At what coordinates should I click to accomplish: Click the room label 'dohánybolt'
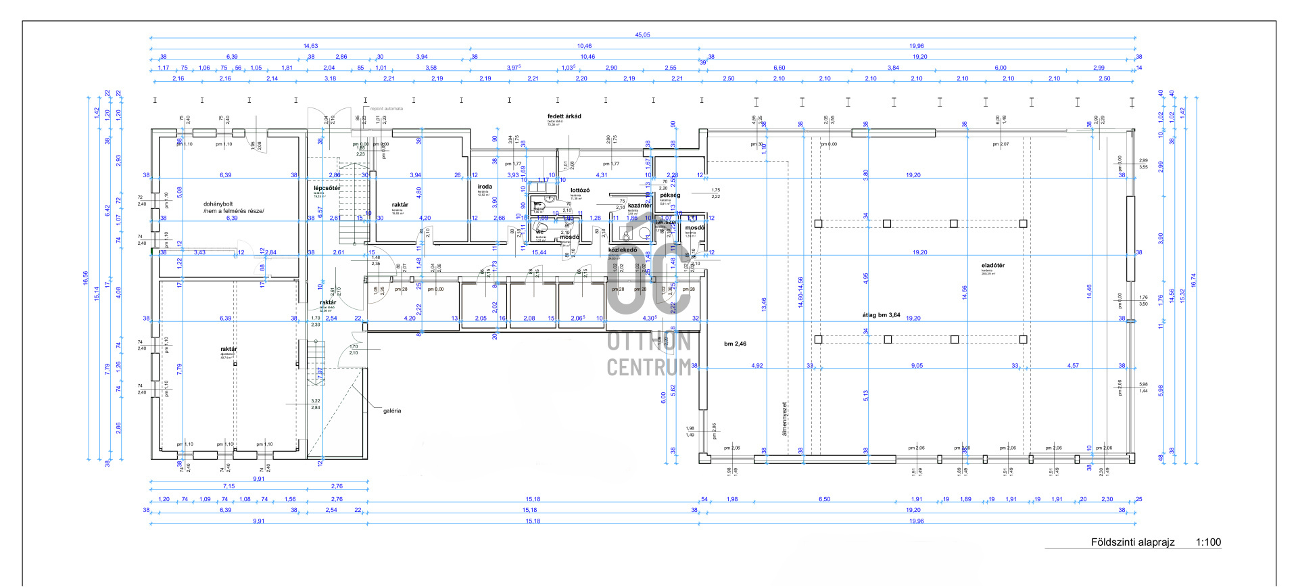[x=218, y=204]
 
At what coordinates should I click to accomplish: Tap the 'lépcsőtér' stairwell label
[x=327, y=188]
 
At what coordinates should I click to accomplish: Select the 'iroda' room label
[x=485, y=187]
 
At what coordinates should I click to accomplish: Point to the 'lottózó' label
[x=580, y=191]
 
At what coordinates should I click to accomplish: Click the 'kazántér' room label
[x=640, y=206]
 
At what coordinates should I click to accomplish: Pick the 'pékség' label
[x=670, y=195]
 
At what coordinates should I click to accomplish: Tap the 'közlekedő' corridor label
[x=622, y=250]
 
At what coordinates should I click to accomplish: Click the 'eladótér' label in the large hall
[x=992, y=266]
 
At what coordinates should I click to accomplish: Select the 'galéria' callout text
[x=392, y=410]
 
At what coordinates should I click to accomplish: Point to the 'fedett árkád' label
[x=564, y=116]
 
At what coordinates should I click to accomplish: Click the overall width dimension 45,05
[x=642, y=35]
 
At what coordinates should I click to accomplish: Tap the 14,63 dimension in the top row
[x=310, y=46]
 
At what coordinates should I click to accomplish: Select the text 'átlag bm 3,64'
[x=881, y=315]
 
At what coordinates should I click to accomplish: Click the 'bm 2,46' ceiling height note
[x=735, y=344]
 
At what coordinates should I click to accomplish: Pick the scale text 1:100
[x=1208, y=542]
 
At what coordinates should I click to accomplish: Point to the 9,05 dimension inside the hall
[x=917, y=366]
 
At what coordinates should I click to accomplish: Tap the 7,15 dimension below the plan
[x=229, y=486]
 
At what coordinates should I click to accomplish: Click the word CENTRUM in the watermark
[x=648, y=367]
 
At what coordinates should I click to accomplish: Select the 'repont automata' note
[x=387, y=109]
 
